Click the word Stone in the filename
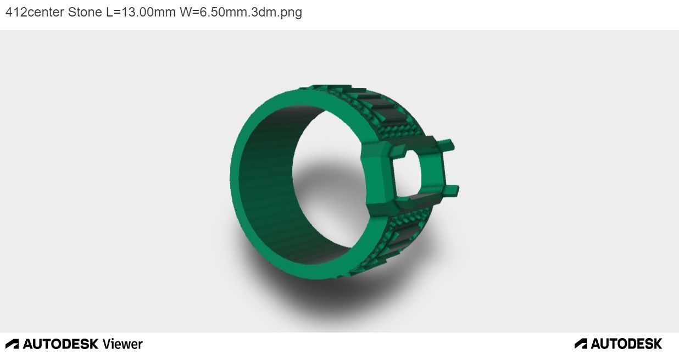click(x=85, y=12)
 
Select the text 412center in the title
click(x=35, y=12)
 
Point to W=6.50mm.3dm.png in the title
click(x=241, y=12)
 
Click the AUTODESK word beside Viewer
click(x=60, y=344)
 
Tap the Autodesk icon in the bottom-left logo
click(x=12, y=344)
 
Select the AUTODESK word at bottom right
click(x=626, y=344)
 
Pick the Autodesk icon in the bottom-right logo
click(x=581, y=344)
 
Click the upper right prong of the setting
click(x=448, y=145)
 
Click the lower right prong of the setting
click(x=451, y=191)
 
